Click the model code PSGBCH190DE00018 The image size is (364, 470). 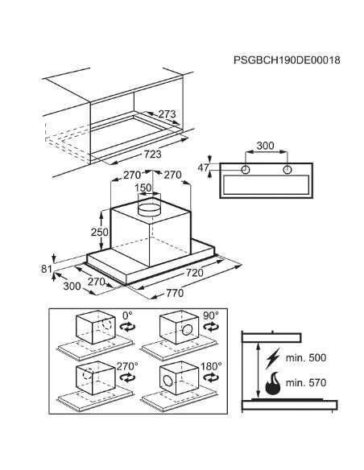[287, 60]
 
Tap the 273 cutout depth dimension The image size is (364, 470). [167, 114]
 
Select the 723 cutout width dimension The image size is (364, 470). [152, 154]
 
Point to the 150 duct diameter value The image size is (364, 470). [143, 188]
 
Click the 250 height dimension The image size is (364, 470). [100, 232]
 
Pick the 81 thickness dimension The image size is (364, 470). [47, 269]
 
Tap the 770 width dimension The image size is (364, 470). [175, 293]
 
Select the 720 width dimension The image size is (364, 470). [194, 273]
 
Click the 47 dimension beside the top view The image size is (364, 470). [203, 168]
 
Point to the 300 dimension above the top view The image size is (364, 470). [266, 146]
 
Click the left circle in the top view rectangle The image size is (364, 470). [246, 170]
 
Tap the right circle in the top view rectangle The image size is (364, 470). [287, 170]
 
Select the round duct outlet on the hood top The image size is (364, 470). [149, 209]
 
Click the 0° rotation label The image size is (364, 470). [127, 315]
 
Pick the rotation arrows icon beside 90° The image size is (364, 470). [211, 327]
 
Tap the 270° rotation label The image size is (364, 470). [127, 366]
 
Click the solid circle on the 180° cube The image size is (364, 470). [168, 381]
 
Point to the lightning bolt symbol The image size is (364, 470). [272, 358]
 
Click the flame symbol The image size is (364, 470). [273, 383]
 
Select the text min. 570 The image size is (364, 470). [306, 382]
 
